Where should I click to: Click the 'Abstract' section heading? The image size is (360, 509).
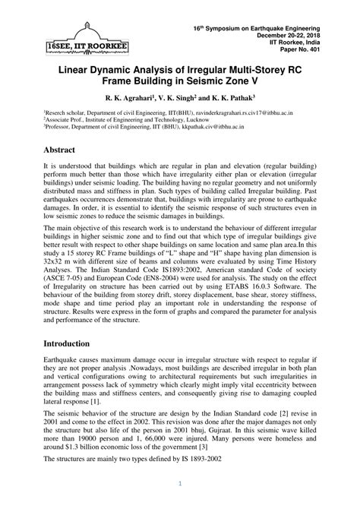(65, 150)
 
